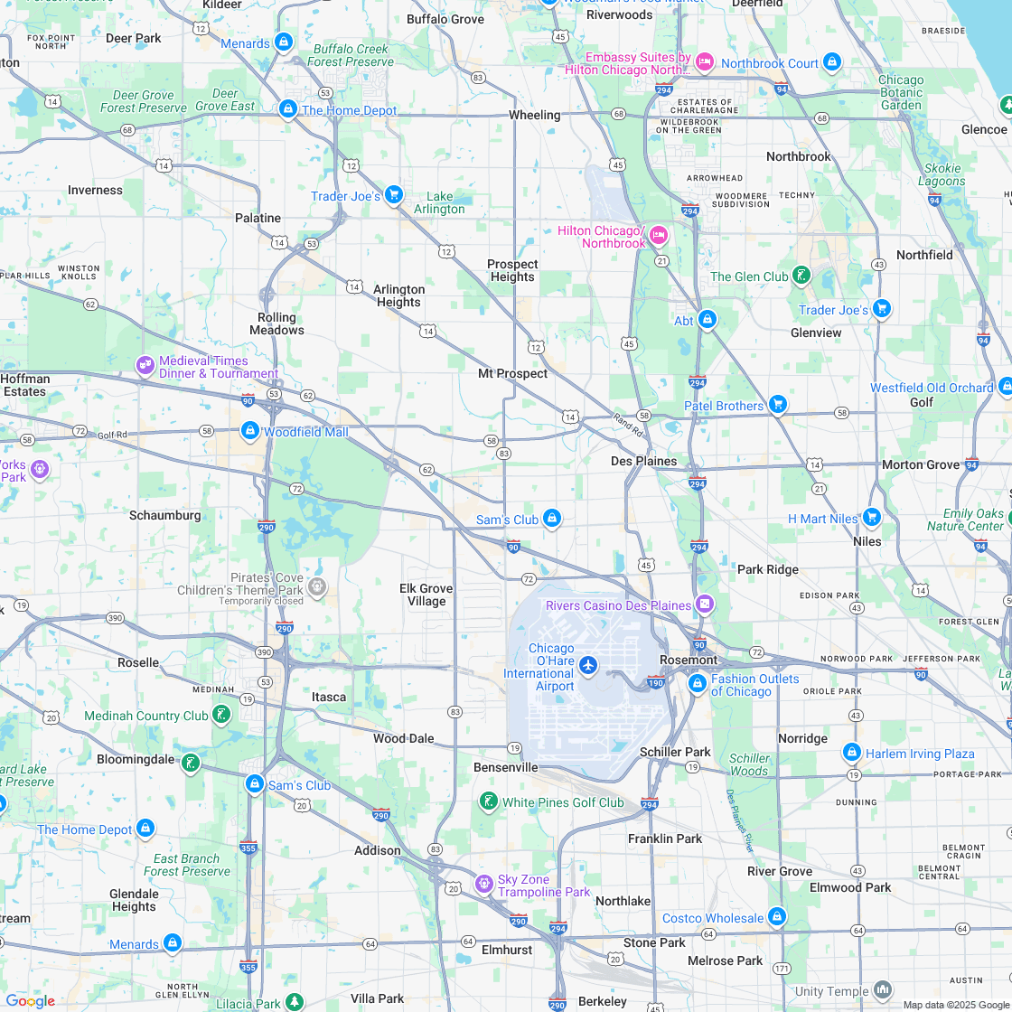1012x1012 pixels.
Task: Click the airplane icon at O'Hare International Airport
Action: pos(588,666)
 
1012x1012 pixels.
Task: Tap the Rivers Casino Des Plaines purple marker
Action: pos(705,604)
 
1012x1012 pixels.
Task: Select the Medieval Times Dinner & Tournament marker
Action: pos(145,365)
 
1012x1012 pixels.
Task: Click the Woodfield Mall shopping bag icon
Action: pos(250,431)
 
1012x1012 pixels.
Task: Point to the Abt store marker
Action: pos(707,320)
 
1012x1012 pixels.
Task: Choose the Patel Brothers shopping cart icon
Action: pos(778,405)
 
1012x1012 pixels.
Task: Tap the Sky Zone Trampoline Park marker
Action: pos(484,883)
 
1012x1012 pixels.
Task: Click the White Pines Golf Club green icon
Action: pos(488,801)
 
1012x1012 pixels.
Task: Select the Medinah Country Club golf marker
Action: pos(221,715)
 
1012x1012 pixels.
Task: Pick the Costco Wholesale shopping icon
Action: pos(777,917)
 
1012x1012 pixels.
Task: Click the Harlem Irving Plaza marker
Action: pos(851,752)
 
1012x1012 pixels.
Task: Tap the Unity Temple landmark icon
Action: pos(882,990)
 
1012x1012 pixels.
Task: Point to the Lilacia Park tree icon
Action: pos(295,1002)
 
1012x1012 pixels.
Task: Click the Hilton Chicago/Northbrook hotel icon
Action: pos(659,235)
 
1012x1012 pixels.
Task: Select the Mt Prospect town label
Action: pos(512,373)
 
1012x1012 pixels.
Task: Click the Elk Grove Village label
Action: pos(426,595)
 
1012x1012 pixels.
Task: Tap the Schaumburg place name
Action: pos(165,515)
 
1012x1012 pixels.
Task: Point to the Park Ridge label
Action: pos(768,569)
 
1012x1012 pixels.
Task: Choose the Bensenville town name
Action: pos(506,767)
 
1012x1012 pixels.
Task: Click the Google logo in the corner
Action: pos(31,1000)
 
